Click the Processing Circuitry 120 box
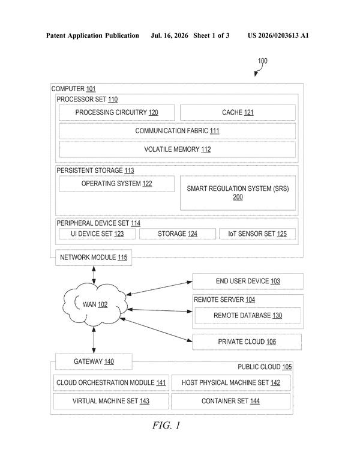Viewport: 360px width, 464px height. click(x=116, y=112)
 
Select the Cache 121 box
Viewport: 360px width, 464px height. click(x=238, y=112)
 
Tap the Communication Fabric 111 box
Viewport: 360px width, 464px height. click(x=177, y=131)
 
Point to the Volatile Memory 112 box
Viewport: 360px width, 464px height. click(x=177, y=149)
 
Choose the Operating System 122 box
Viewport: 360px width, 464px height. click(x=116, y=184)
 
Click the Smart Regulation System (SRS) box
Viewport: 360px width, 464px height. click(x=238, y=193)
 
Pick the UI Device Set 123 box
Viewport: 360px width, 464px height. click(x=97, y=234)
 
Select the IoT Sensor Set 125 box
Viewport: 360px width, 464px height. click(x=257, y=234)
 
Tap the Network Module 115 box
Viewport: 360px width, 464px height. click(x=94, y=258)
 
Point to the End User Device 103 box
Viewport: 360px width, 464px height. click(x=248, y=281)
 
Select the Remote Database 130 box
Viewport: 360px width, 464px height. click(x=248, y=316)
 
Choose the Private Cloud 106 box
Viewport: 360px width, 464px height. click(x=247, y=342)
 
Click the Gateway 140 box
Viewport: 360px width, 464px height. click(x=94, y=361)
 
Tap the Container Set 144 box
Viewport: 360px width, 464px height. click(x=230, y=401)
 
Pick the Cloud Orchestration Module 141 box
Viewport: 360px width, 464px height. click(x=111, y=382)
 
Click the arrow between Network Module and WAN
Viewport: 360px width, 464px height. click(x=94, y=274)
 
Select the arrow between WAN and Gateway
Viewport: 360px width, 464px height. click(x=94, y=340)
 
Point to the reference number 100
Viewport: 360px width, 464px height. click(x=262, y=61)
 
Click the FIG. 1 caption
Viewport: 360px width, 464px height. click(x=166, y=426)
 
